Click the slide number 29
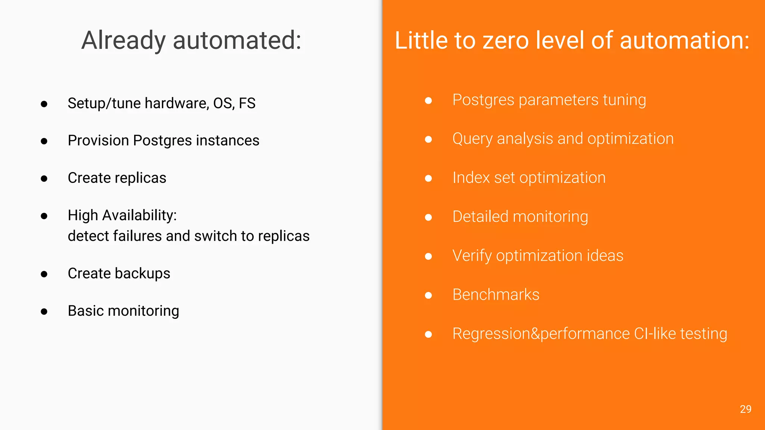745,409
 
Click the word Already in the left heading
123,40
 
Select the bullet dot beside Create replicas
44,178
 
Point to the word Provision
98,141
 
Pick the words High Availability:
122,215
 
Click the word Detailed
480,217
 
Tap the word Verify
472,256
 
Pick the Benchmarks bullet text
496,295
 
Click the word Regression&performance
541,334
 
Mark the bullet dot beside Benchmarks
428,296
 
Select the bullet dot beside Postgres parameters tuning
428,100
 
